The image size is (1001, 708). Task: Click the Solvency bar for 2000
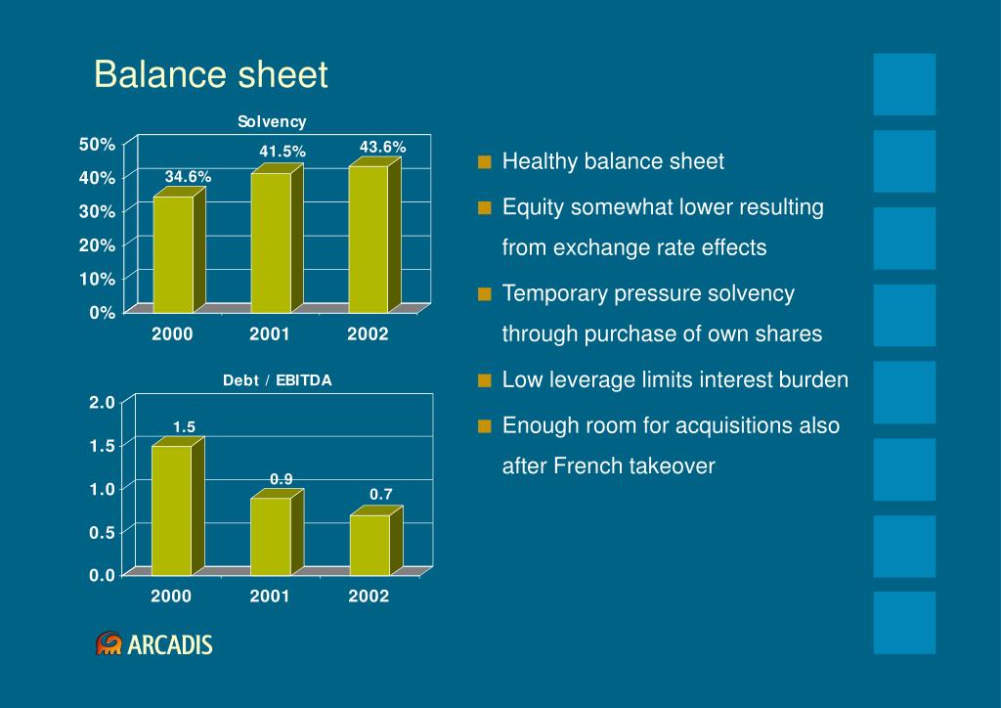coord(173,254)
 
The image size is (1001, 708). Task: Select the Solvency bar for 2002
coord(369,239)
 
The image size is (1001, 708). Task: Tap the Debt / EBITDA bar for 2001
coord(271,536)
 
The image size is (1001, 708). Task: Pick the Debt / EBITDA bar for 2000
coord(172,509)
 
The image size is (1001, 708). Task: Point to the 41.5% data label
coord(283,152)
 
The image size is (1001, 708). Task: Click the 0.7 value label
coord(381,495)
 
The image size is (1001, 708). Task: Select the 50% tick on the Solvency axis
coord(98,145)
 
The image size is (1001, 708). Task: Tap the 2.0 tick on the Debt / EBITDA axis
coord(103,402)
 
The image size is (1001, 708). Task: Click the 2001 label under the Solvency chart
coord(270,334)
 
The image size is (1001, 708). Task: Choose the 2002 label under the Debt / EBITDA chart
coord(369,596)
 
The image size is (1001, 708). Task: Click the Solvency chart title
coord(273,121)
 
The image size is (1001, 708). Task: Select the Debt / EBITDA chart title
coord(278,380)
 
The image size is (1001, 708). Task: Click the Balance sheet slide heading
coord(211,75)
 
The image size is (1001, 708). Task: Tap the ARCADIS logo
coord(153,643)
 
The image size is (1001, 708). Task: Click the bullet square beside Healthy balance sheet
coord(485,162)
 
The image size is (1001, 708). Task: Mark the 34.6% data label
coord(188,177)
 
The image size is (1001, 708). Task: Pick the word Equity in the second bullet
coord(531,207)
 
